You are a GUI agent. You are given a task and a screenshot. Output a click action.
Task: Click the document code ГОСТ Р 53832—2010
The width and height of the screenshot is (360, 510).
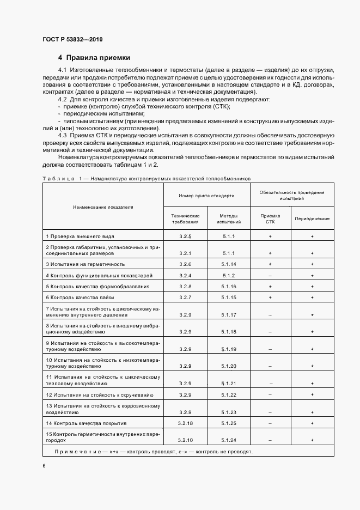click(x=72, y=40)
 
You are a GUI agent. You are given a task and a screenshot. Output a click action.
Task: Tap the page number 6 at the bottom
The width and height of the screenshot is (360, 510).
click(x=44, y=466)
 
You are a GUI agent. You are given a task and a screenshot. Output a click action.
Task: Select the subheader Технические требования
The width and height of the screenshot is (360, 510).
click(x=185, y=219)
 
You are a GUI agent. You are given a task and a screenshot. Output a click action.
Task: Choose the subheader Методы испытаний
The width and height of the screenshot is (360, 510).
click(x=228, y=219)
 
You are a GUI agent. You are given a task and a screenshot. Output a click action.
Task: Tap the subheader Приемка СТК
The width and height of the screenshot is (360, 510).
click(x=270, y=219)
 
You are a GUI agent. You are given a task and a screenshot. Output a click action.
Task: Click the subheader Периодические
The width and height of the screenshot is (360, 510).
click(x=312, y=219)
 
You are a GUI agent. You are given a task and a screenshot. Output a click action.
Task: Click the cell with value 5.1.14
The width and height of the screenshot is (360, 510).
click(x=228, y=264)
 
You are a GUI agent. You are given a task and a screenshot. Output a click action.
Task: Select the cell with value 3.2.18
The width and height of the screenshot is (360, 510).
click(x=186, y=423)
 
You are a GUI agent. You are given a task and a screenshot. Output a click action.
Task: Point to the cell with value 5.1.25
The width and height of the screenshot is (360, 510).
click(x=228, y=423)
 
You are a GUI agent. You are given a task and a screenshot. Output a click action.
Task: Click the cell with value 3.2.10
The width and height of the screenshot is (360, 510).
click(x=186, y=440)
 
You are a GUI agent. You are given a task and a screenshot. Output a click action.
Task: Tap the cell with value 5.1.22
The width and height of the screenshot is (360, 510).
click(x=228, y=394)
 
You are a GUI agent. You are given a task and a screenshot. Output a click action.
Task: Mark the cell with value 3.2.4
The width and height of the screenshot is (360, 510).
click(x=186, y=275)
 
